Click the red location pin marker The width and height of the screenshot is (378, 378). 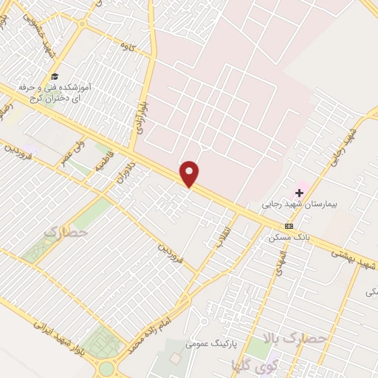(190, 173)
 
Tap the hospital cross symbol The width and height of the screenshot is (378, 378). (299, 193)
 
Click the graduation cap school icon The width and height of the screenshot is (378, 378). (55, 76)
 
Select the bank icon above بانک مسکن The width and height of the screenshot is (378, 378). (289, 226)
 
